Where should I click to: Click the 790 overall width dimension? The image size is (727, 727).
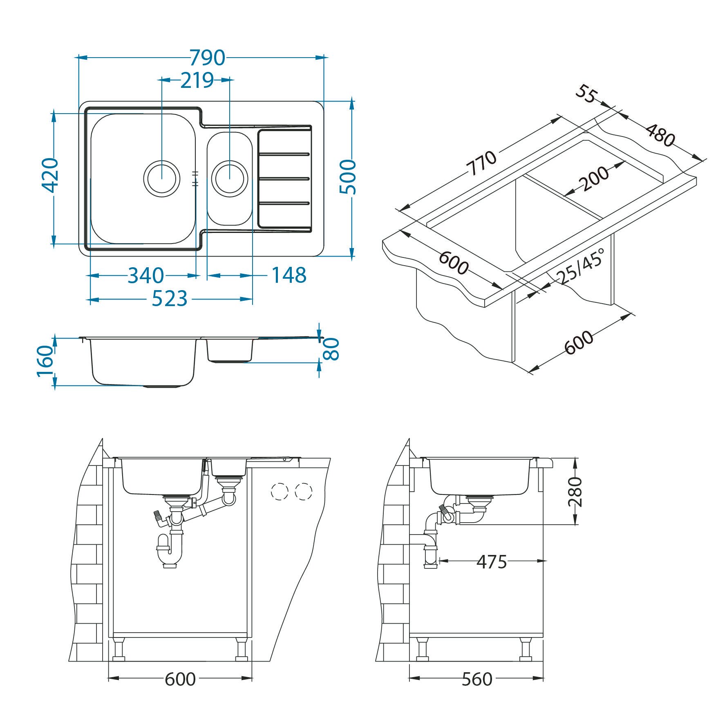click(x=208, y=58)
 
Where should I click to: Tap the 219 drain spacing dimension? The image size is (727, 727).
click(x=197, y=81)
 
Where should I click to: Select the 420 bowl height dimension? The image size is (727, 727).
click(x=51, y=175)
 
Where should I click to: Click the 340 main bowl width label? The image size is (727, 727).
click(x=145, y=275)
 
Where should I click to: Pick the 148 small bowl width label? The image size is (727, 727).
click(x=289, y=275)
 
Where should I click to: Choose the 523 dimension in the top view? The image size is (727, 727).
click(x=170, y=299)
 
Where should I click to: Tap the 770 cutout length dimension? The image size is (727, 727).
click(x=482, y=163)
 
